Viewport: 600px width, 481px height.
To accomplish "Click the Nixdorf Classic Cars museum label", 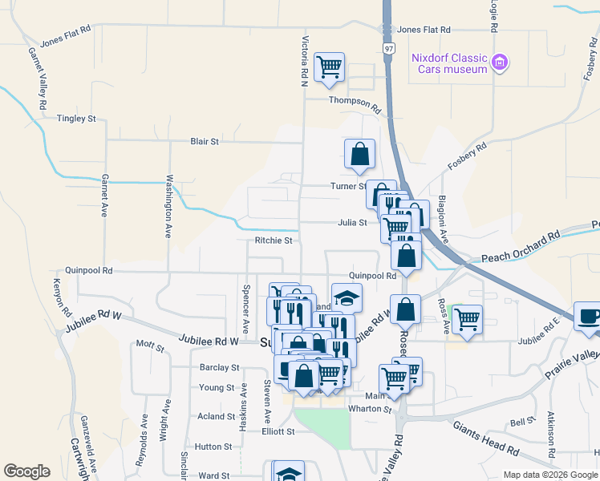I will pos(448,63).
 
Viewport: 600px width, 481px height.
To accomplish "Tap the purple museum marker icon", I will pos(501,62).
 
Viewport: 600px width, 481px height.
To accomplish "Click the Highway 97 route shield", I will pos(388,49).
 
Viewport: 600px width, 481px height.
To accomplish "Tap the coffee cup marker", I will pos(588,315).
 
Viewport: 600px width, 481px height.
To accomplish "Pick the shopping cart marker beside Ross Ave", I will pos(467,319).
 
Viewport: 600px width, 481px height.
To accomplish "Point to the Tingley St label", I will pos(76,119).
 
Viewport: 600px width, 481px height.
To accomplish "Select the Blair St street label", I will pos(205,142).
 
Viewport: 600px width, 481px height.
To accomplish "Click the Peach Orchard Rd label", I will pos(520,258).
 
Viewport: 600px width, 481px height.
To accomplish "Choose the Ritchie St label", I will pos(273,240).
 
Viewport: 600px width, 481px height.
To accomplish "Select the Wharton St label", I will pos(369,409).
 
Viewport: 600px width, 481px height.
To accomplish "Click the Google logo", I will pos(26,471).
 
